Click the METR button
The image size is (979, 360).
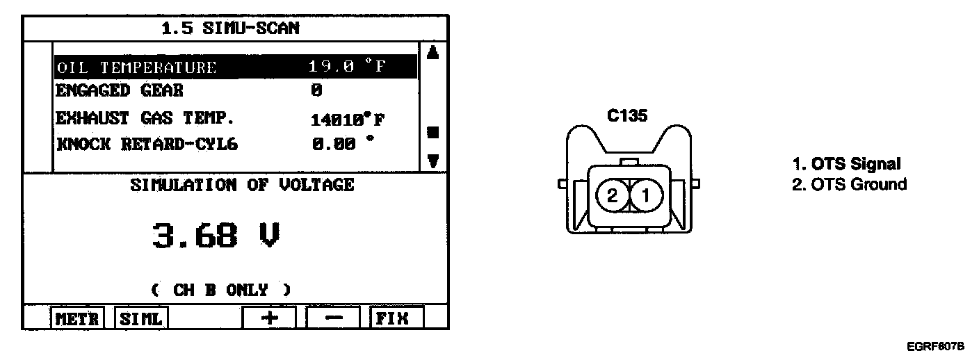pos(78,318)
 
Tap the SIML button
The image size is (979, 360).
pos(141,318)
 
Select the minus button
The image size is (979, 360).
pos(334,318)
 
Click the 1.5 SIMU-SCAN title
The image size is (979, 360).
pos(231,28)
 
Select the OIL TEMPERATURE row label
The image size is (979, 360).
pos(136,67)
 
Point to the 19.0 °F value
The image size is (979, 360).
pos(348,67)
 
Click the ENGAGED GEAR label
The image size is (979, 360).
pos(120,91)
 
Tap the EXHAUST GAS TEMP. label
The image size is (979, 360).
pos(136,118)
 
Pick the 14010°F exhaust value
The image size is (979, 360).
pos(348,120)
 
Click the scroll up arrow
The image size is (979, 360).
pos(432,54)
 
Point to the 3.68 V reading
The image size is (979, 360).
pos(216,237)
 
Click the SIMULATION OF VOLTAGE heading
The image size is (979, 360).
pos(242,185)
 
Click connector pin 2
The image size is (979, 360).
pos(613,196)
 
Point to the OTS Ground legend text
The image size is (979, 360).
pos(850,184)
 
